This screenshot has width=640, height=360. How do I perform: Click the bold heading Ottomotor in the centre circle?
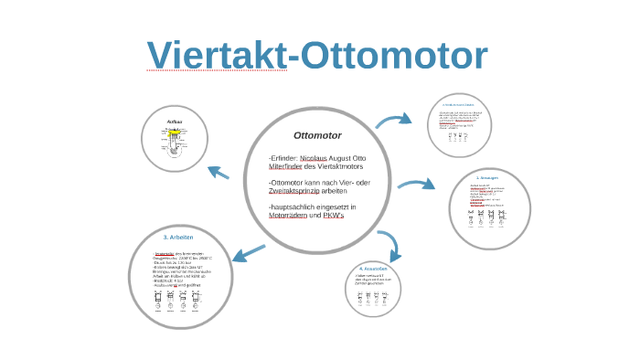[x=317, y=135]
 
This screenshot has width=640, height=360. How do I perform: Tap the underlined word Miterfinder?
[x=285, y=166]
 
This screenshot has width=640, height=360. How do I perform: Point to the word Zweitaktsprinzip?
[x=294, y=192]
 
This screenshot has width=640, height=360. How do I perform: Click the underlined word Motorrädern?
[x=289, y=217]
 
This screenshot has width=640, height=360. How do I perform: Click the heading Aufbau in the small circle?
[x=176, y=121]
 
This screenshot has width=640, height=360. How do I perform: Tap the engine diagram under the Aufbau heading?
[x=175, y=144]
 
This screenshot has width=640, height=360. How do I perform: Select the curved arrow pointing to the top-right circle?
[x=394, y=121]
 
